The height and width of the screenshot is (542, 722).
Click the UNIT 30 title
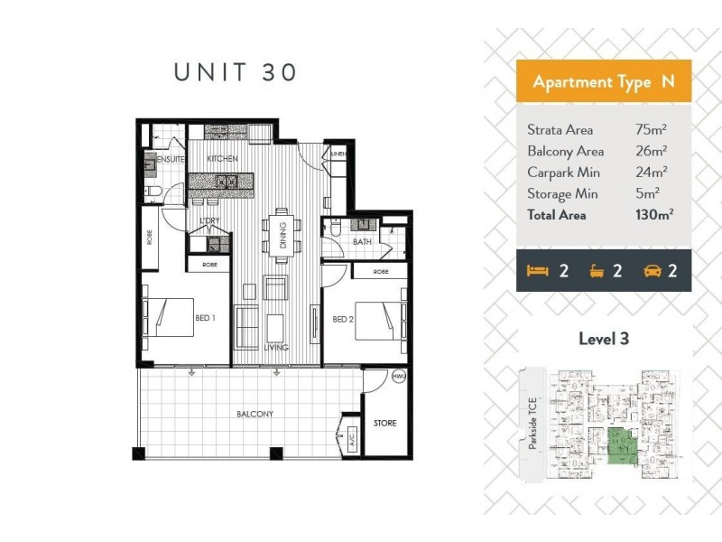click(x=235, y=73)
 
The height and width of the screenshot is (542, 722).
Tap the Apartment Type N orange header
click(x=603, y=81)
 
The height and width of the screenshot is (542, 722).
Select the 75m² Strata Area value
click(x=651, y=130)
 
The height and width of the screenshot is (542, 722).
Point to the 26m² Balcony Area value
click(x=651, y=151)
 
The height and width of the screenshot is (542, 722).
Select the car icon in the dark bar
click(x=653, y=270)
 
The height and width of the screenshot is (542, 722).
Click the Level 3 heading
click(x=603, y=340)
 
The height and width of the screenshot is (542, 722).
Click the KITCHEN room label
click(x=222, y=159)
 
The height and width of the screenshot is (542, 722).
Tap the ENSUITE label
click(x=171, y=159)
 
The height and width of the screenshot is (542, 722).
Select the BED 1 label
click(x=206, y=318)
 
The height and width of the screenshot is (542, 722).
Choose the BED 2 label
click(x=341, y=319)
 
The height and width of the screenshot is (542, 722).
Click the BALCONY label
click(x=255, y=414)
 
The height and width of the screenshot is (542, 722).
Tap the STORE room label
click(x=385, y=423)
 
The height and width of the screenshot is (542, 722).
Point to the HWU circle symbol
click(x=398, y=377)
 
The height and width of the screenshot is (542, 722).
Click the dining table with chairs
click(x=280, y=237)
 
